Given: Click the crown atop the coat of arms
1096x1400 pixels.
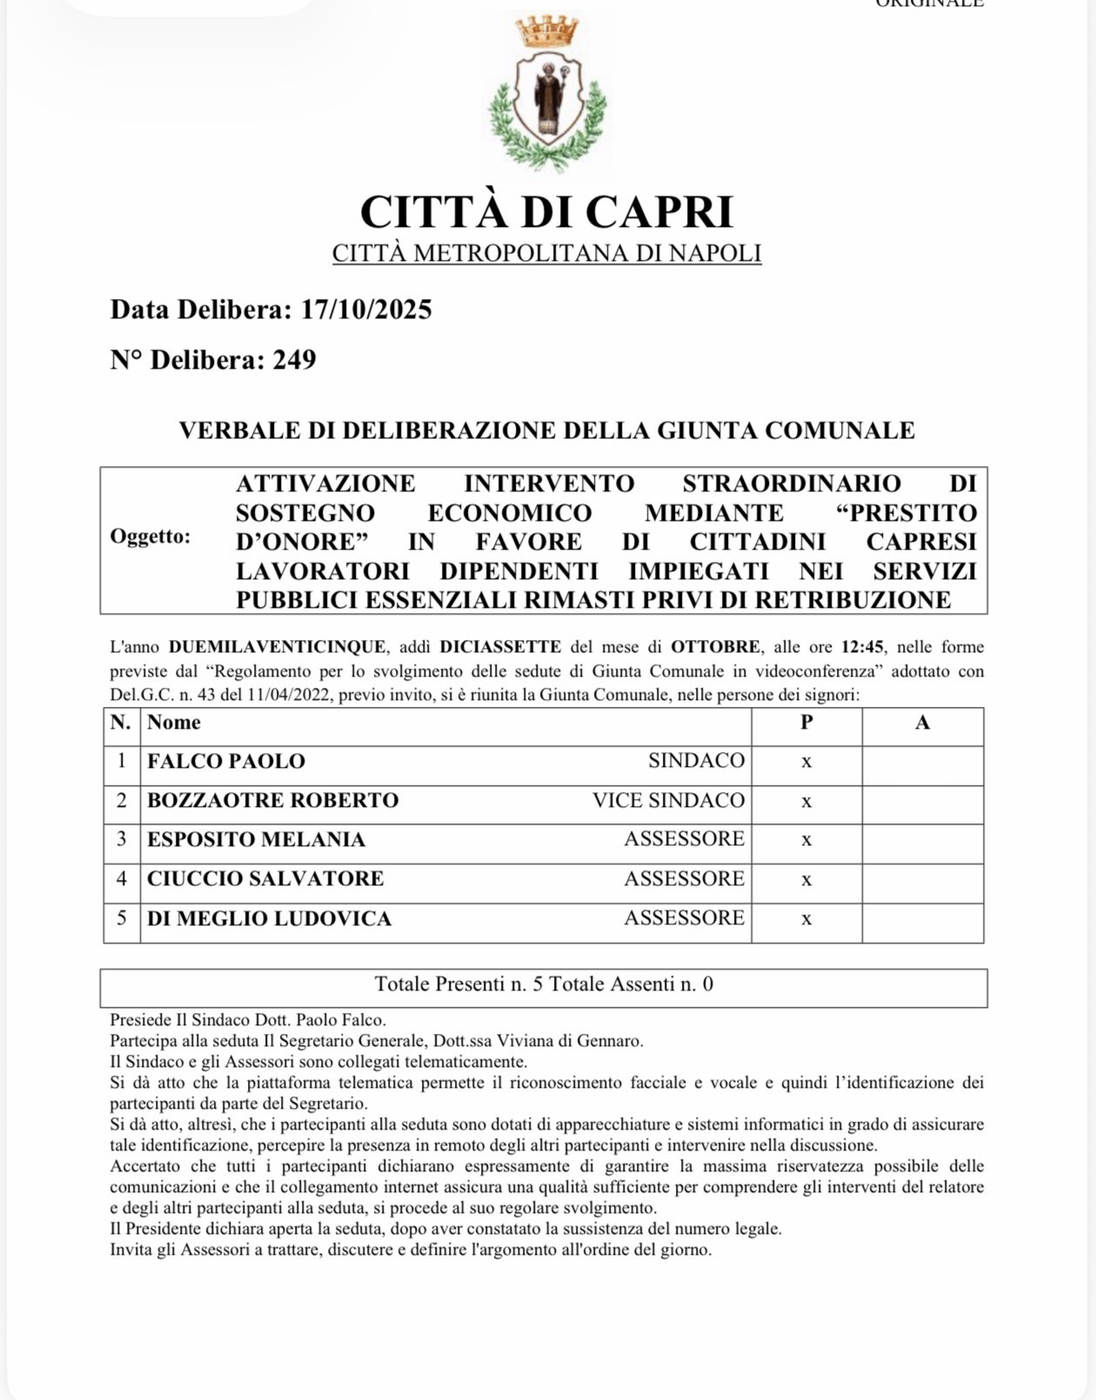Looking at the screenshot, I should pyautogui.click(x=547, y=32).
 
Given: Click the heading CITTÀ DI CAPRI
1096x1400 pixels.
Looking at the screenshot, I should pyautogui.click(x=547, y=211).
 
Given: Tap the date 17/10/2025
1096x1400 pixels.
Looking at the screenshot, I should pyautogui.click(x=366, y=310).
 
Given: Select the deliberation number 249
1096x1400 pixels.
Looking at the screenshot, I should pyautogui.click(x=294, y=360).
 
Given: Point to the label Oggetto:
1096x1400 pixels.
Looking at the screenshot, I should pyautogui.click(x=150, y=537).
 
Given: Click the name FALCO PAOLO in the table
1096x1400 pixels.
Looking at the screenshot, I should pyautogui.click(x=226, y=761).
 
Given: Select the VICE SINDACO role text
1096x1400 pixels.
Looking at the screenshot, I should pyautogui.click(x=668, y=800).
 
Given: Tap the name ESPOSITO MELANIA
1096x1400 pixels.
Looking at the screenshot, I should pyautogui.click(x=256, y=839).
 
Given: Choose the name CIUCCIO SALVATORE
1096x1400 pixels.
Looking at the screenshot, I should pyautogui.click(x=265, y=878).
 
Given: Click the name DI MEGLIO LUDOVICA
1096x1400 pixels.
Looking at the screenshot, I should pyautogui.click(x=269, y=918).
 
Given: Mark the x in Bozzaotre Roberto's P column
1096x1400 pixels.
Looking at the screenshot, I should pyautogui.click(x=806, y=801).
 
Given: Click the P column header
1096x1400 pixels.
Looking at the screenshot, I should pyautogui.click(x=806, y=723).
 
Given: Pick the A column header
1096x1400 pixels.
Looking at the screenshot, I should pyautogui.click(x=922, y=723).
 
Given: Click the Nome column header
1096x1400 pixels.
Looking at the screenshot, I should pyautogui.click(x=174, y=723).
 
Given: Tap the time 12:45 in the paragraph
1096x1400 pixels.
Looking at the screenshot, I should pyautogui.click(x=862, y=647).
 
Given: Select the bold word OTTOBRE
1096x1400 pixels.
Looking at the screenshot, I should pyautogui.click(x=716, y=647).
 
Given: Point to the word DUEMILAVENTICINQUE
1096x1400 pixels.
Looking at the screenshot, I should pyautogui.click(x=277, y=647).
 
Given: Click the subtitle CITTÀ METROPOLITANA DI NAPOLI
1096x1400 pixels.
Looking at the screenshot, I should pyautogui.click(x=547, y=253).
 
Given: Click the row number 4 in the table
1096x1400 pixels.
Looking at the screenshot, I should pyautogui.click(x=122, y=878).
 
